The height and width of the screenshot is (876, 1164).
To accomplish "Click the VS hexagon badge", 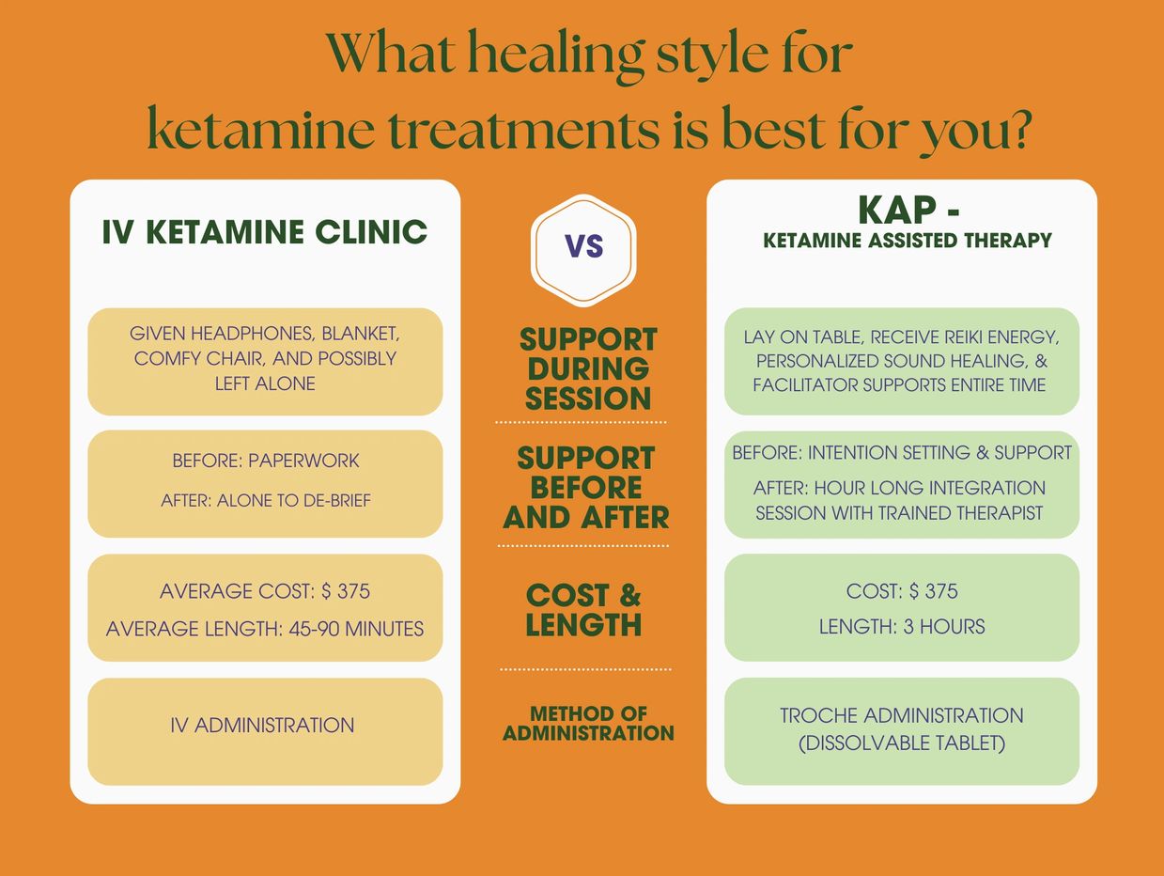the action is pyautogui.click(x=583, y=250).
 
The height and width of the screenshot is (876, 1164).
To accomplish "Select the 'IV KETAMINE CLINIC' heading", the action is pyautogui.click(x=265, y=232).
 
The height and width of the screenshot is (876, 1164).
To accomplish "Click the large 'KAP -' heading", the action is pyautogui.click(x=908, y=211).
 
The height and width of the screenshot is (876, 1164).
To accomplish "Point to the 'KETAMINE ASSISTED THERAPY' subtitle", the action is pyautogui.click(x=908, y=241).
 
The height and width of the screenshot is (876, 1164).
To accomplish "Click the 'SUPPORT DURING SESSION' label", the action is pyautogui.click(x=588, y=368).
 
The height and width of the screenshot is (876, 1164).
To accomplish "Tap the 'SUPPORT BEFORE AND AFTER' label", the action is pyautogui.click(x=586, y=487).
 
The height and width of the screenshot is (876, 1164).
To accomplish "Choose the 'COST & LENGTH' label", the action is pyautogui.click(x=583, y=610).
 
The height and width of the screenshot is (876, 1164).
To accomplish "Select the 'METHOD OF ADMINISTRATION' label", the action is pyautogui.click(x=588, y=723).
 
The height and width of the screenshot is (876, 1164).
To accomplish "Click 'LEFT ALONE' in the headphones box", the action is pyautogui.click(x=265, y=383).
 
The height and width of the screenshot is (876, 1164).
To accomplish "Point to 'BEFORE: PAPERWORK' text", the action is pyautogui.click(x=266, y=461).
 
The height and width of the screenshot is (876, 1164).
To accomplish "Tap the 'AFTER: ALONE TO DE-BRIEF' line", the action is pyautogui.click(x=266, y=500).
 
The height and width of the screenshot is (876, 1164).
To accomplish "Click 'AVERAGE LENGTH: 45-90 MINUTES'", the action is pyautogui.click(x=265, y=629).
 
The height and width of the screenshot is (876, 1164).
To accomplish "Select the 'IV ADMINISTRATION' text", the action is pyautogui.click(x=262, y=726).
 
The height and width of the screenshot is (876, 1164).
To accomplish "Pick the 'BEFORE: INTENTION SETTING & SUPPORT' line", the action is pyautogui.click(x=902, y=453).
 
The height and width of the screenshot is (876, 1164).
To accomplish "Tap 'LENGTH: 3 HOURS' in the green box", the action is pyautogui.click(x=902, y=627).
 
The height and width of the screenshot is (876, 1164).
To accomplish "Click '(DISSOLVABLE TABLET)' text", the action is pyautogui.click(x=902, y=743).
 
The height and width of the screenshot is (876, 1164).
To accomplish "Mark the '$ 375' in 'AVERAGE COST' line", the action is pyautogui.click(x=345, y=591).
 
